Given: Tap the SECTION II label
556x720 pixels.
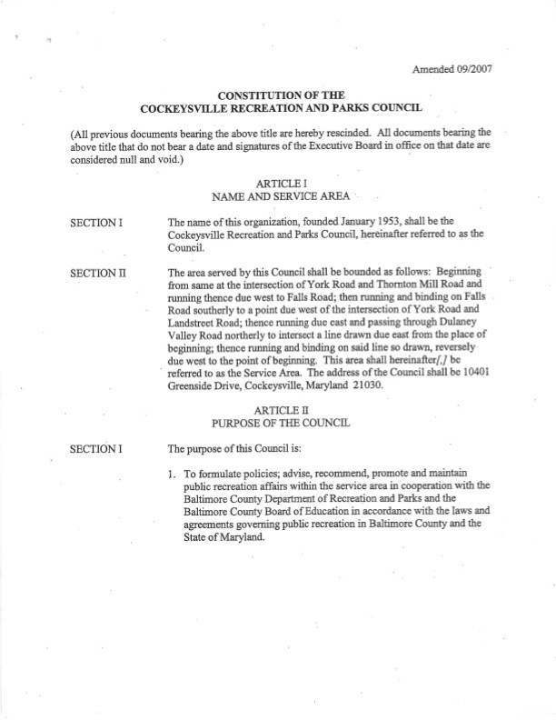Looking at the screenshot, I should tap(97, 272).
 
